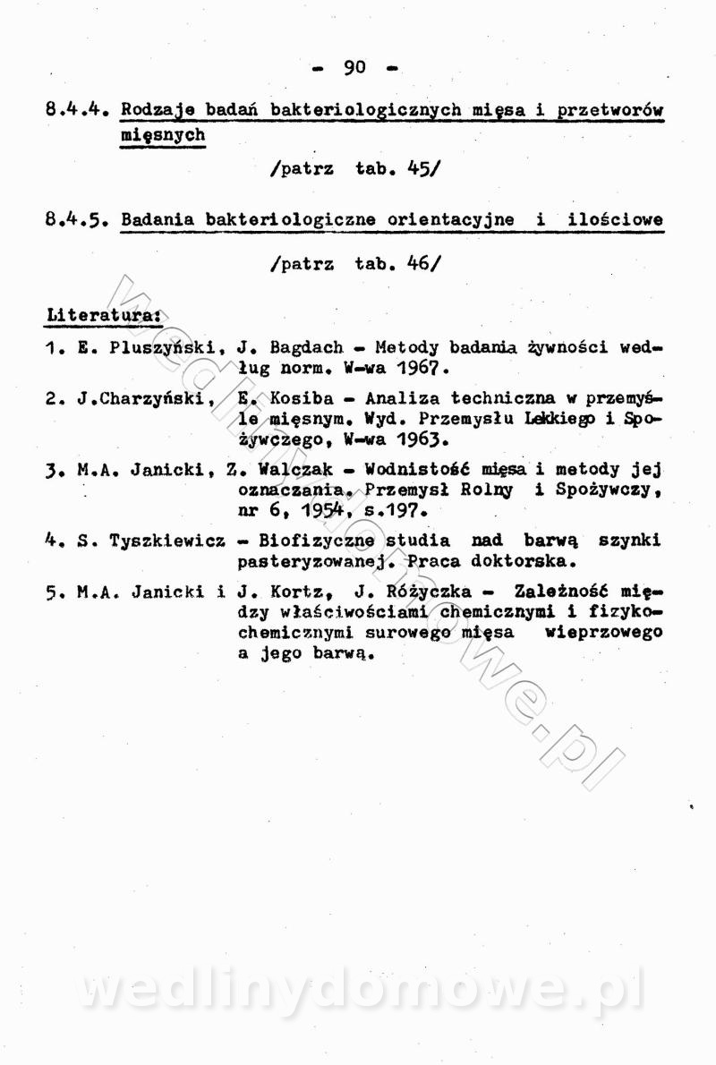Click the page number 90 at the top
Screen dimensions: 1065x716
[x=355, y=67]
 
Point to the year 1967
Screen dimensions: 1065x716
[x=418, y=369]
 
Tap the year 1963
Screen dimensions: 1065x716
[x=418, y=441]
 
